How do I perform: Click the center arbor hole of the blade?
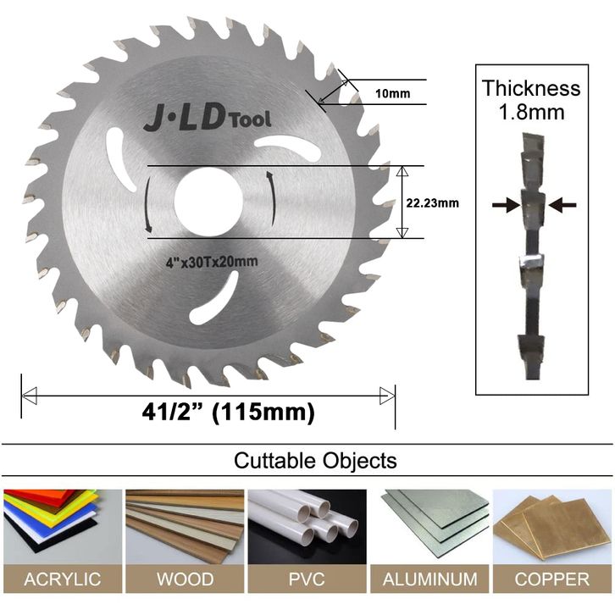pos(208,202)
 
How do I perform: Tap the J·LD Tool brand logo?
pos(207,119)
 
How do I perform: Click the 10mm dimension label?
pos(392,93)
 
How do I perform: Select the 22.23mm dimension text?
pos(432,203)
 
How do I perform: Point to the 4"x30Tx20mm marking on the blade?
pos(212,262)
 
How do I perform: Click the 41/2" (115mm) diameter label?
pos(228,413)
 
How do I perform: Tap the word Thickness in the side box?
pos(531,88)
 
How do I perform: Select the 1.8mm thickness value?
pos(531,112)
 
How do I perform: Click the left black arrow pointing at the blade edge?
pos(506,205)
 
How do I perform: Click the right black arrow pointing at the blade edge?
pos(562,205)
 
